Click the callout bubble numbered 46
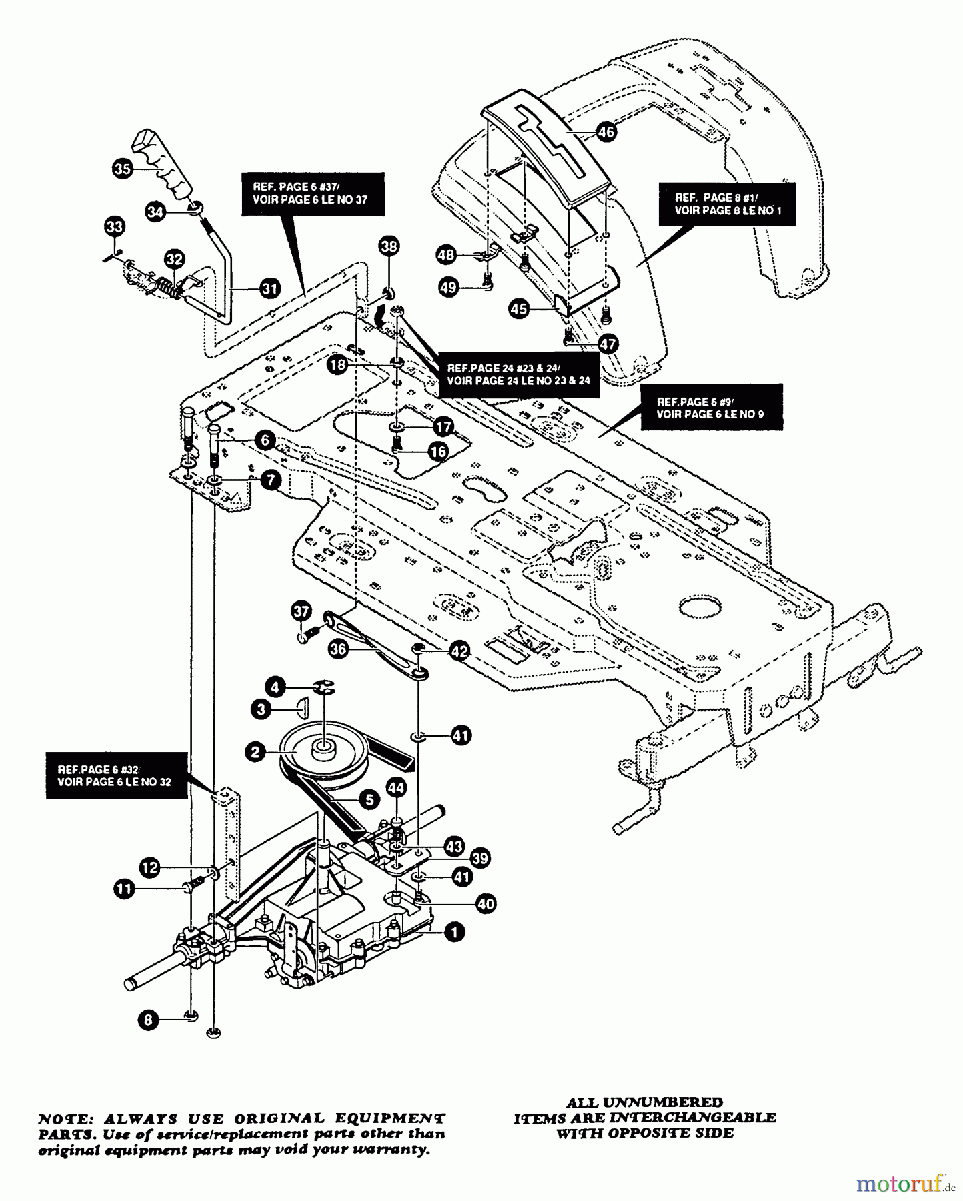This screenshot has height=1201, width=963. pyautogui.click(x=605, y=131)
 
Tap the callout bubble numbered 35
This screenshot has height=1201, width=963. pyautogui.click(x=122, y=169)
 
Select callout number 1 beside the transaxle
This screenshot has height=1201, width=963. pyautogui.click(x=454, y=932)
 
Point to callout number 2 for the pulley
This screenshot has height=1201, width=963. pyautogui.click(x=255, y=752)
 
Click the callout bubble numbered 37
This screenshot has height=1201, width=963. pyautogui.click(x=301, y=611)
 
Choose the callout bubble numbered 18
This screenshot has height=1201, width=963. pyautogui.click(x=338, y=365)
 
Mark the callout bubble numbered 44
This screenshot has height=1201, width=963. pyautogui.click(x=396, y=788)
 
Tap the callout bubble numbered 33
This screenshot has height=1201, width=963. pyautogui.click(x=115, y=227)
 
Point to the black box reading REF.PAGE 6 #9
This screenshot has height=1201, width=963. pyautogui.click(x=710, y=408)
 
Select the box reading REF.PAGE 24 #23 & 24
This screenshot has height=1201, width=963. pyautogui.click(x=518, y=374)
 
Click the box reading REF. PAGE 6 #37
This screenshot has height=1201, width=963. pyautogui.click(x=312, y=193)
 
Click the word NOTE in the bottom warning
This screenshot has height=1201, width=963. pyautogui.click(x=61, y=1118)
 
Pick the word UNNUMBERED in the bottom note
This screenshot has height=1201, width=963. pyautogui.click(x=663, y=1102)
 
